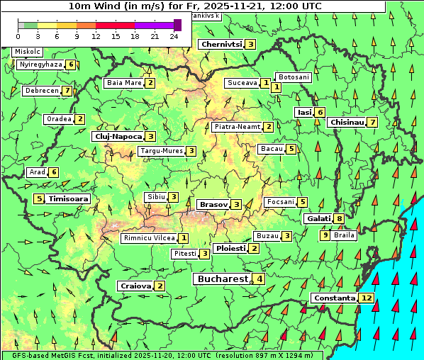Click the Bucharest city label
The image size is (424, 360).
tap(222, 279)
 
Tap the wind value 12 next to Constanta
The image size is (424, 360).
tap(367, 298)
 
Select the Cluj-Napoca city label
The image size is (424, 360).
tap(118, 136)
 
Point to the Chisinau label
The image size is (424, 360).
tap(347, 123)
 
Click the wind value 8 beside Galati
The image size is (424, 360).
tap(340, 219)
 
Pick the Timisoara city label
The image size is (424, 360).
tap(69, 199)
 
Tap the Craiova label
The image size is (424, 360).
tap(135, 286)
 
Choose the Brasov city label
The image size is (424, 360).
tap(213, 205)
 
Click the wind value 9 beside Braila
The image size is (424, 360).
tap(325, 235)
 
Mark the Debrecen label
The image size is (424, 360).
tap(40, 91)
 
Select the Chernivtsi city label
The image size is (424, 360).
tap(221, 44)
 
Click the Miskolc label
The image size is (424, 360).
tap(28, 52)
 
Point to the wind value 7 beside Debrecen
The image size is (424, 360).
tap(67, 91)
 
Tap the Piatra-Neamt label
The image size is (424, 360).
tap(238, 127)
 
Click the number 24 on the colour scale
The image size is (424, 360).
tap(173, 35)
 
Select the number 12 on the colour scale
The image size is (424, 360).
tap(96, 35)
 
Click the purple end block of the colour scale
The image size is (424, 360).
tap(177, 25)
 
